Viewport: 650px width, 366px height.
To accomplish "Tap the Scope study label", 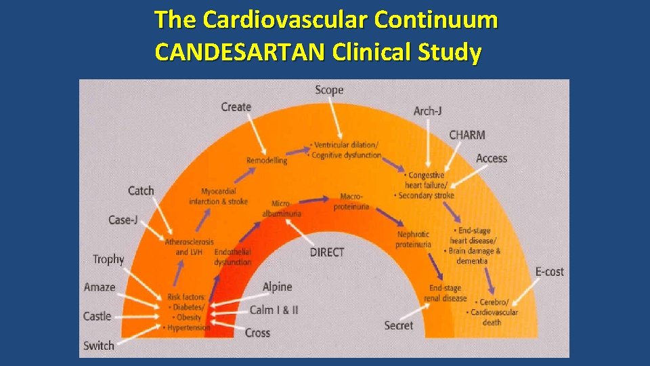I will pos(329,90).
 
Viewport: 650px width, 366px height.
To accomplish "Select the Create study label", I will pos(236,107).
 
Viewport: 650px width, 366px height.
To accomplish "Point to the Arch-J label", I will pos(427,110).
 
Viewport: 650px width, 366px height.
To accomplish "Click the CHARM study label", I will pos(467,135).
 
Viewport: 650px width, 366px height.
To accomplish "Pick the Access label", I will pos(491,159).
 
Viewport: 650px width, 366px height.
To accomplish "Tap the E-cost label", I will pos(549,272).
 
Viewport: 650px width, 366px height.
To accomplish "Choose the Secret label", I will pos(398,326).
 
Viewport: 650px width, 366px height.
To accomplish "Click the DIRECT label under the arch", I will pos(327,252).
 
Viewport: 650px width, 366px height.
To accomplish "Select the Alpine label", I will pos(277,287).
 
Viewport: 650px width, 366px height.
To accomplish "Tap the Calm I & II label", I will pos(274,310).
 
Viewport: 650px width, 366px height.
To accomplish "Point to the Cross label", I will pos(257,333).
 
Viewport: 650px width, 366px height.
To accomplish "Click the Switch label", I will pos(99,346).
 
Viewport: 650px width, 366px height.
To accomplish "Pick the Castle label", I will pos(97,317).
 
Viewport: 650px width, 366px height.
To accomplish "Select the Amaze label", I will pos(100,287).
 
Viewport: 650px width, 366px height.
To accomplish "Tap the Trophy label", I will pos(108,260).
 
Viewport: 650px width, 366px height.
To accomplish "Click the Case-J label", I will pos(123,220).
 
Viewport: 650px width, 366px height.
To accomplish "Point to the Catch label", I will pos(141,191).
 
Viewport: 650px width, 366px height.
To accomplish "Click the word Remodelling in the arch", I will pos(267,161).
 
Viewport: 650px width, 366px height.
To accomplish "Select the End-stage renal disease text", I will pos(445,293).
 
